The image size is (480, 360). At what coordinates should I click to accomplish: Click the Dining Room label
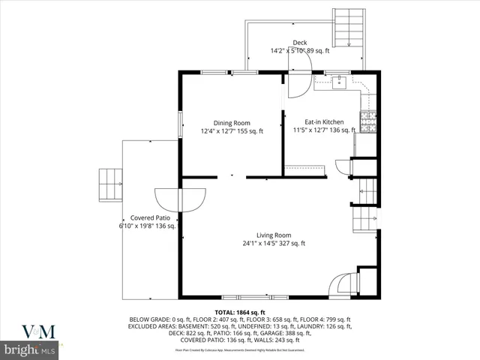pos(232,122)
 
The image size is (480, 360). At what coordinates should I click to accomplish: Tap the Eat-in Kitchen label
pos(324,121)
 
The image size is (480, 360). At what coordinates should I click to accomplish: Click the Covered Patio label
pos(146,217)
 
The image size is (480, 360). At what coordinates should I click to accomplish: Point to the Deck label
pos(300,43)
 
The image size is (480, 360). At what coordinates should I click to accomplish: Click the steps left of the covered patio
pos(110,184)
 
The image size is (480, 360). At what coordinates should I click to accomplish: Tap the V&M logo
pos(31,331)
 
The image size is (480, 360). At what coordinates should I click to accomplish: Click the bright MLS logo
pos(31,349)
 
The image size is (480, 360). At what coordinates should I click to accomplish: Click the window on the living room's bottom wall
pos(243,297)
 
